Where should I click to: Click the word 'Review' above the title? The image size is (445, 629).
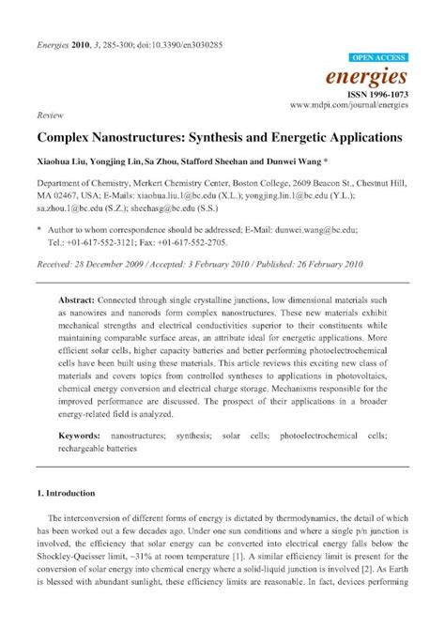[x=49, y=114]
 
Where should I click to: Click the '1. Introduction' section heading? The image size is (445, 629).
[x=70, y=493]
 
